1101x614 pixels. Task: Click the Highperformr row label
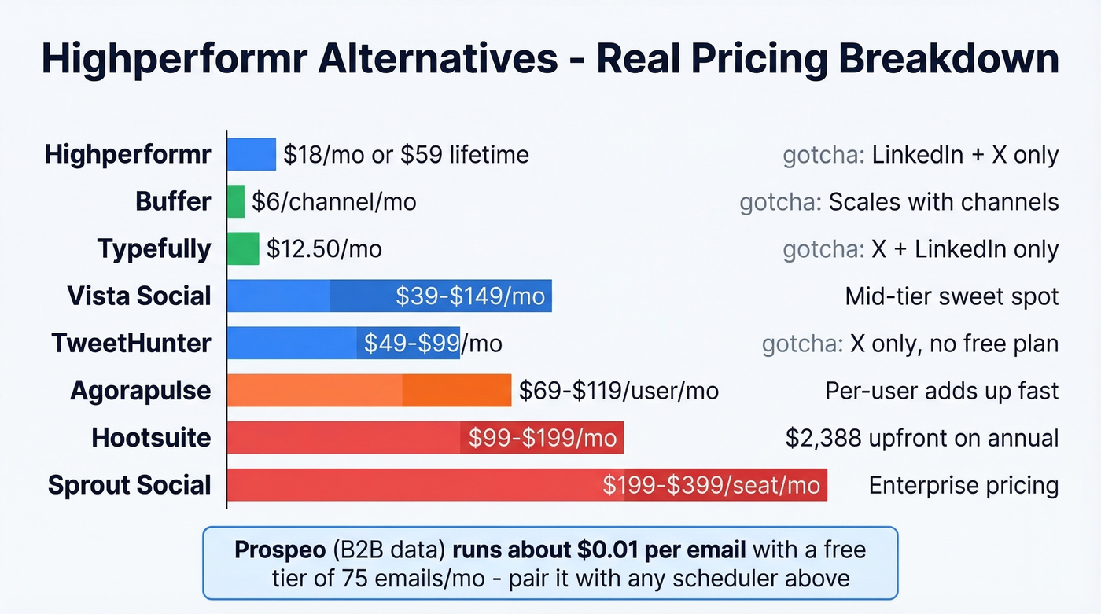127,154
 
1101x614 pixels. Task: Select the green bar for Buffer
236,201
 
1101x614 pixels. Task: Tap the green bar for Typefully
243,248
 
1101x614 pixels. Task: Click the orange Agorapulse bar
369,390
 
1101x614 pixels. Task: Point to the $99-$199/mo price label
543,438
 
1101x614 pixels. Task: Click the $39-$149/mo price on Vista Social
469,296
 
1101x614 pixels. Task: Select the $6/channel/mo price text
333,202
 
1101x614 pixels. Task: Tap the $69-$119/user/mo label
618,391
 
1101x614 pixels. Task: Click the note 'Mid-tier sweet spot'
952,296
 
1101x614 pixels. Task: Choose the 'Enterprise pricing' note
963,485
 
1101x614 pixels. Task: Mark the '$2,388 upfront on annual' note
922,438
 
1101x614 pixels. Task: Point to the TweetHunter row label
131,343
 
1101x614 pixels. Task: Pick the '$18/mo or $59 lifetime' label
406,155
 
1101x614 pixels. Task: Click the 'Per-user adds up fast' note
941,391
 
